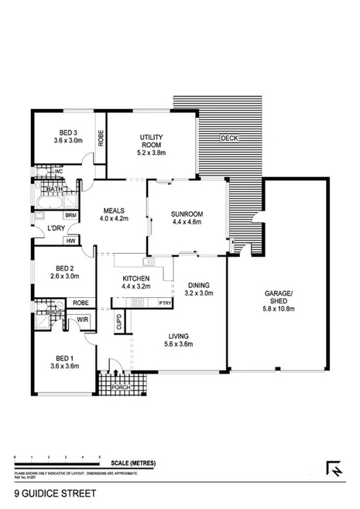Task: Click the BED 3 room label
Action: [x=63, y=132]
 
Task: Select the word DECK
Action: [x=230, y=139]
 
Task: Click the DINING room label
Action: [x=198, y=284]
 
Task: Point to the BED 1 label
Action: [x=64, y=358]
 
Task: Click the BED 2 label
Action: [x=64, y=271]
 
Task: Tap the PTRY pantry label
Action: [x=164, y=302]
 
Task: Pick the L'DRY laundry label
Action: [x=56, y=229]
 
